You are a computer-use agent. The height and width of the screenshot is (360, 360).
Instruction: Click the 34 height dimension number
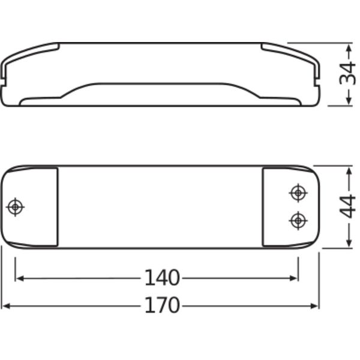point(347,74)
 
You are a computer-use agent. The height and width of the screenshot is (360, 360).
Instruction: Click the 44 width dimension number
point(347,206)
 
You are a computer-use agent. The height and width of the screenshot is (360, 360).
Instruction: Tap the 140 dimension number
point(162,278)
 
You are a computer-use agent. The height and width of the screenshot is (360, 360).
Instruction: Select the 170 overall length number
point(162,305)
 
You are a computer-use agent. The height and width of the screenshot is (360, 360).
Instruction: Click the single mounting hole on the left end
point(15,207)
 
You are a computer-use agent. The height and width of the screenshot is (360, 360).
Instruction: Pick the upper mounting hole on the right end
point(298,193)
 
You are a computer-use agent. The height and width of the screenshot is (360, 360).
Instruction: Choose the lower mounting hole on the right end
point(298,221)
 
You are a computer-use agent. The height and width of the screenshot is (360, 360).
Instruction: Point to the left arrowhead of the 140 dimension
point(20,278)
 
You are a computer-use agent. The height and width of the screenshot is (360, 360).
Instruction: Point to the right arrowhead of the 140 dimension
point(294,278)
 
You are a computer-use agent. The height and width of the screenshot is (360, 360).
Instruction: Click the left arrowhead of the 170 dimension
point(6,306)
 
